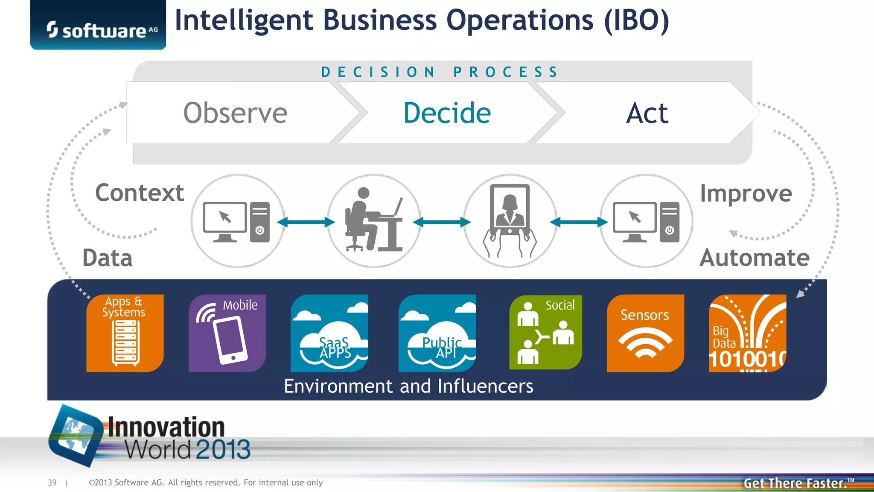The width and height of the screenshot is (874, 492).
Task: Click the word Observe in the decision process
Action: [x=235, y=113]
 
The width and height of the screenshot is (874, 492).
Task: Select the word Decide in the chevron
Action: [x=447, y=113]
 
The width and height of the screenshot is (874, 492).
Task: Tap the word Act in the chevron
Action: [x=647, y=113]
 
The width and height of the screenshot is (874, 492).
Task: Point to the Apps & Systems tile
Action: [x=125, y=333]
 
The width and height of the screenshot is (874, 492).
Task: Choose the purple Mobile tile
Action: [x=227, y=333]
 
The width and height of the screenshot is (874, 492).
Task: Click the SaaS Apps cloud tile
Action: [x=329, y=333]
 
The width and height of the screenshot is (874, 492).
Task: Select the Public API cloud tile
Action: [x=437, y=333]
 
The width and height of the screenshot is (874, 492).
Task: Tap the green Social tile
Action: [x=545, y=332]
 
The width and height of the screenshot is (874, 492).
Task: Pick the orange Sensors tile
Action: [x=645, y=333]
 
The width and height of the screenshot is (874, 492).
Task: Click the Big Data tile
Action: [x=747, y=333]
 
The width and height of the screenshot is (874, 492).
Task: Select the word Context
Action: [x=140, y=193]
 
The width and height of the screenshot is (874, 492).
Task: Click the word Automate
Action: [x=755, y=258]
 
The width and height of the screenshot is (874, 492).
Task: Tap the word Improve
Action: [x=746, y=193]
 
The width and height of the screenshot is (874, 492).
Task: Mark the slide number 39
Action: [x=52, y=483]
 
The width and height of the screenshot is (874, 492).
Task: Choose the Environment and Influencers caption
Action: [x=408, y=386]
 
